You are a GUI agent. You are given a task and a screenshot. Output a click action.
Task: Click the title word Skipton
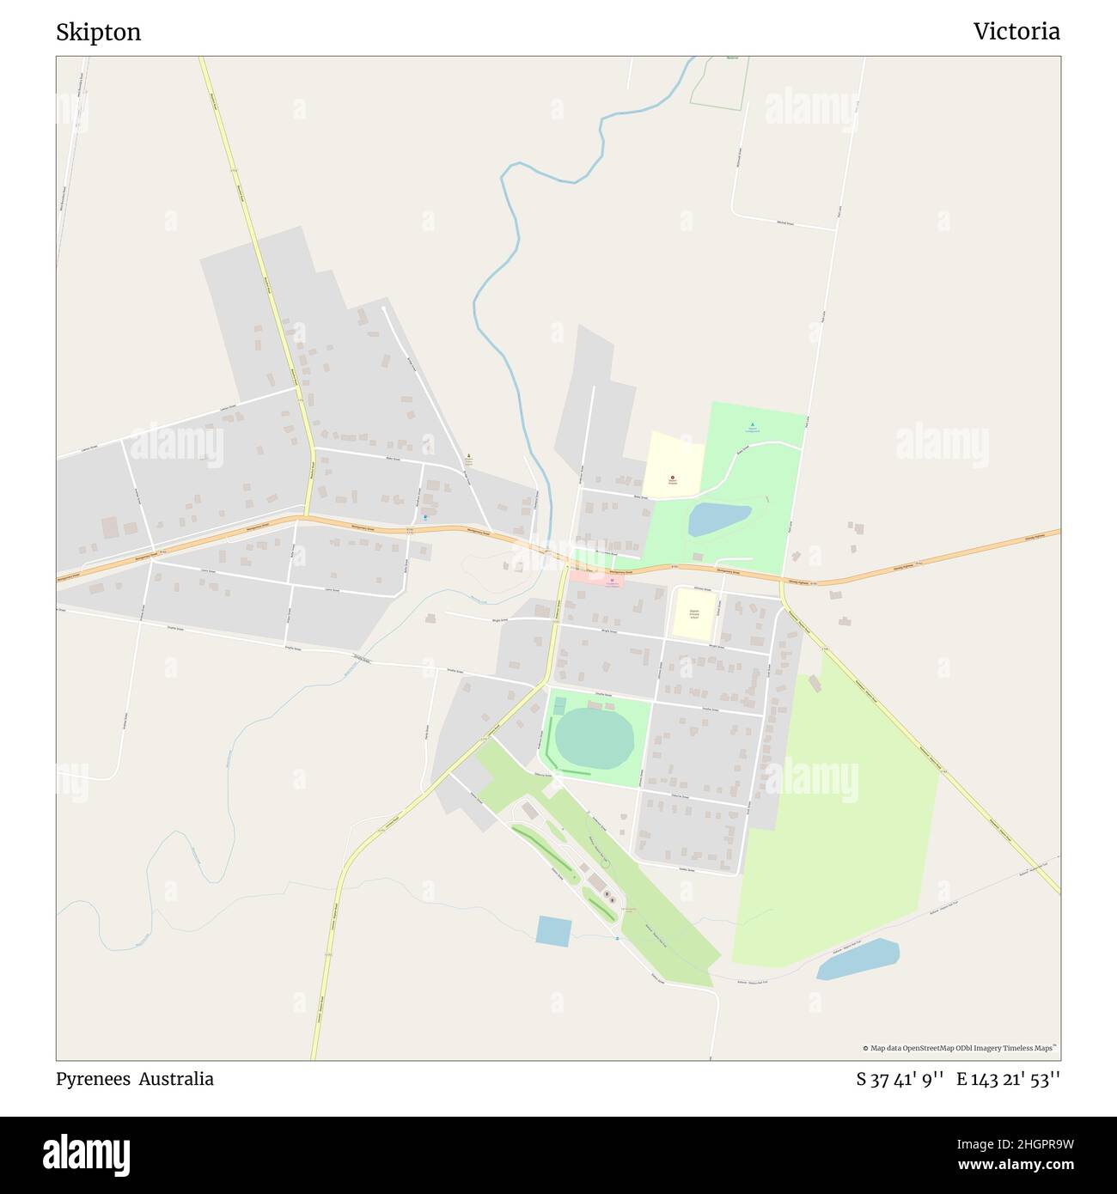(98, 33)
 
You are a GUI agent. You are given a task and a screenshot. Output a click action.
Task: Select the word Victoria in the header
(1016, 32)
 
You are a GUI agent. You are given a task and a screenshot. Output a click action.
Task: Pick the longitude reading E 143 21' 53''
(1008, 1080)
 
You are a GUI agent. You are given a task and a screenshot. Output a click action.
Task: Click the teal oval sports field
(594, 737)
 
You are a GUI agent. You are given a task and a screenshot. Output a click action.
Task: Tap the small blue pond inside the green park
(719, 519)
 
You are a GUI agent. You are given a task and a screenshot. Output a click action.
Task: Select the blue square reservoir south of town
(552, 931)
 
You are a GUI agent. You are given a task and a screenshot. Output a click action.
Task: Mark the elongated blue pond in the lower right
(858, 959)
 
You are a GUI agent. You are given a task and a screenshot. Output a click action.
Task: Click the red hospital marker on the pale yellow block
(672, 478)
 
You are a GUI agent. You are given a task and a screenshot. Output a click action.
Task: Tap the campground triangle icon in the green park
(753, 424)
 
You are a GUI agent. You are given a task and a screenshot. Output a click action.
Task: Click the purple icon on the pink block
(611, 581)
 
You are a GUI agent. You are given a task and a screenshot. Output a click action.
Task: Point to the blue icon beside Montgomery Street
(424, 517)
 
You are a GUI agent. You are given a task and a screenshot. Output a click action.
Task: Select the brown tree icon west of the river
(468, 457)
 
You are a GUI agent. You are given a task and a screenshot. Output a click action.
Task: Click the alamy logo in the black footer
(86, 1154)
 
